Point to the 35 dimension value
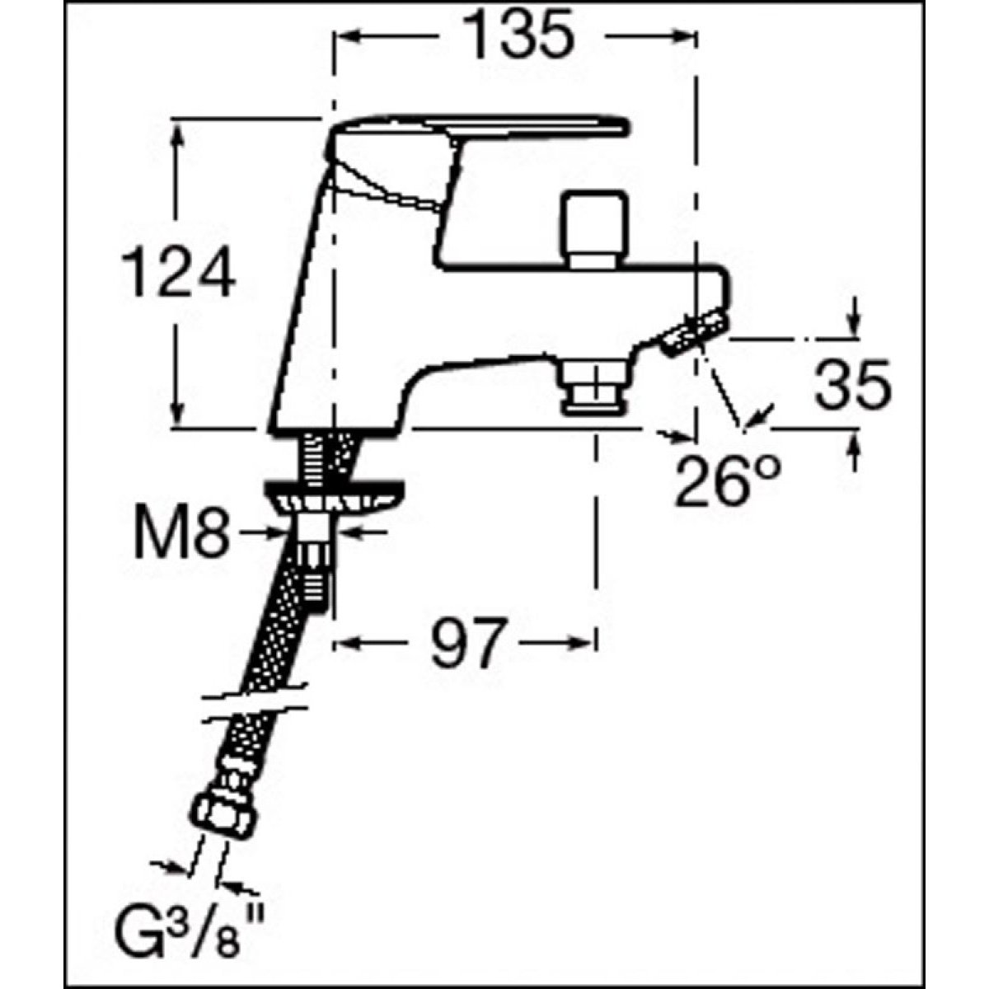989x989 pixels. [x=853, y=384]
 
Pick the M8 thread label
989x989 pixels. [x=180, y=535]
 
